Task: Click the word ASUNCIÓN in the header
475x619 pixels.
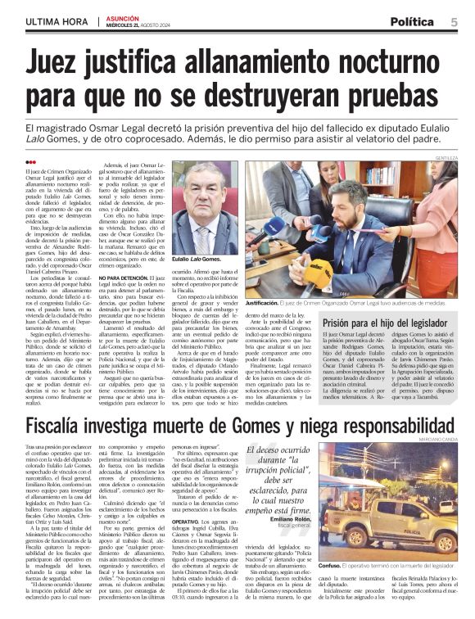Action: coord(124,16)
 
